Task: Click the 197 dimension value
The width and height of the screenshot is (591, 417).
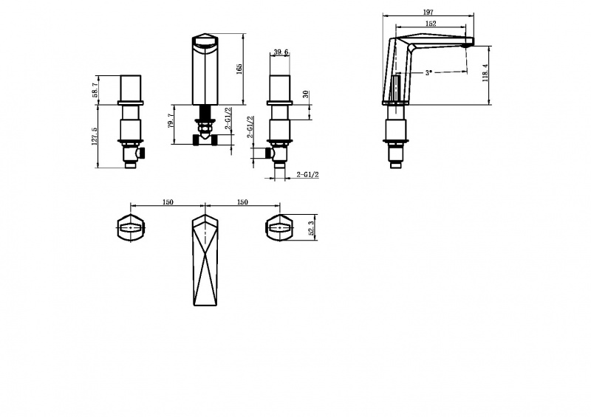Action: (428, 12)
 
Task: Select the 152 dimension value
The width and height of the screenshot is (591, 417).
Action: (431, 24)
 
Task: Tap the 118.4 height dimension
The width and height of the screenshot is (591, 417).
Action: (485, 73)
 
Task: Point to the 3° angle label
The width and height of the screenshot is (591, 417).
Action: (428, 73)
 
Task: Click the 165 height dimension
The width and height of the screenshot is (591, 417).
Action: (239, 69)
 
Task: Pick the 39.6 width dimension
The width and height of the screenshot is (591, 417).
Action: (281, 52)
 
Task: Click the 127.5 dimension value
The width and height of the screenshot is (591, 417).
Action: (95, 136)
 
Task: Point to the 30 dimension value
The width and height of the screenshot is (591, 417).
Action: (306, 94)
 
